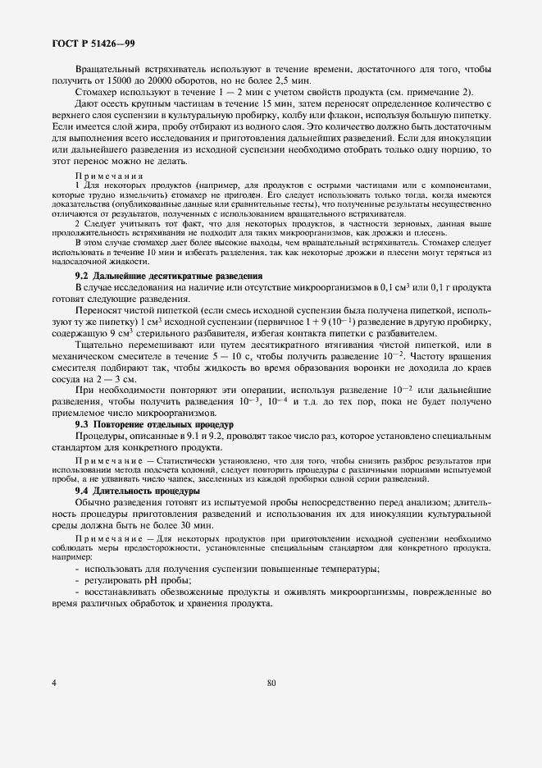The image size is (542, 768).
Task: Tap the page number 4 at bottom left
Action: pos(54,682)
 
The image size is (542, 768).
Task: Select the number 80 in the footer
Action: pos(272,682)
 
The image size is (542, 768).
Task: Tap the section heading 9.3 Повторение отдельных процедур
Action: pos(154,424)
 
